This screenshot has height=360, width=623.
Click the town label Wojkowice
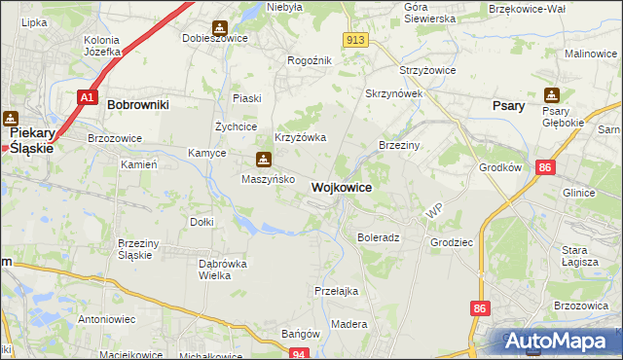point(340,188)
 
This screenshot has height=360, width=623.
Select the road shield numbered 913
point(355,39)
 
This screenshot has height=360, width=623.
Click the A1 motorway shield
point(88,97)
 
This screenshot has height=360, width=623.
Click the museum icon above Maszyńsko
point(263,160)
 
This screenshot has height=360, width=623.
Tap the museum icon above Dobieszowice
point(219,26)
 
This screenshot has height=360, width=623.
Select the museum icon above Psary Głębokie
point(552,95)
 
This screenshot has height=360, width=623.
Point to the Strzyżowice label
point(423,71)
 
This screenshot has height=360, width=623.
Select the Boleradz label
point(379,237)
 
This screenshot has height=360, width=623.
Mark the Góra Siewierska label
point(429,13)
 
